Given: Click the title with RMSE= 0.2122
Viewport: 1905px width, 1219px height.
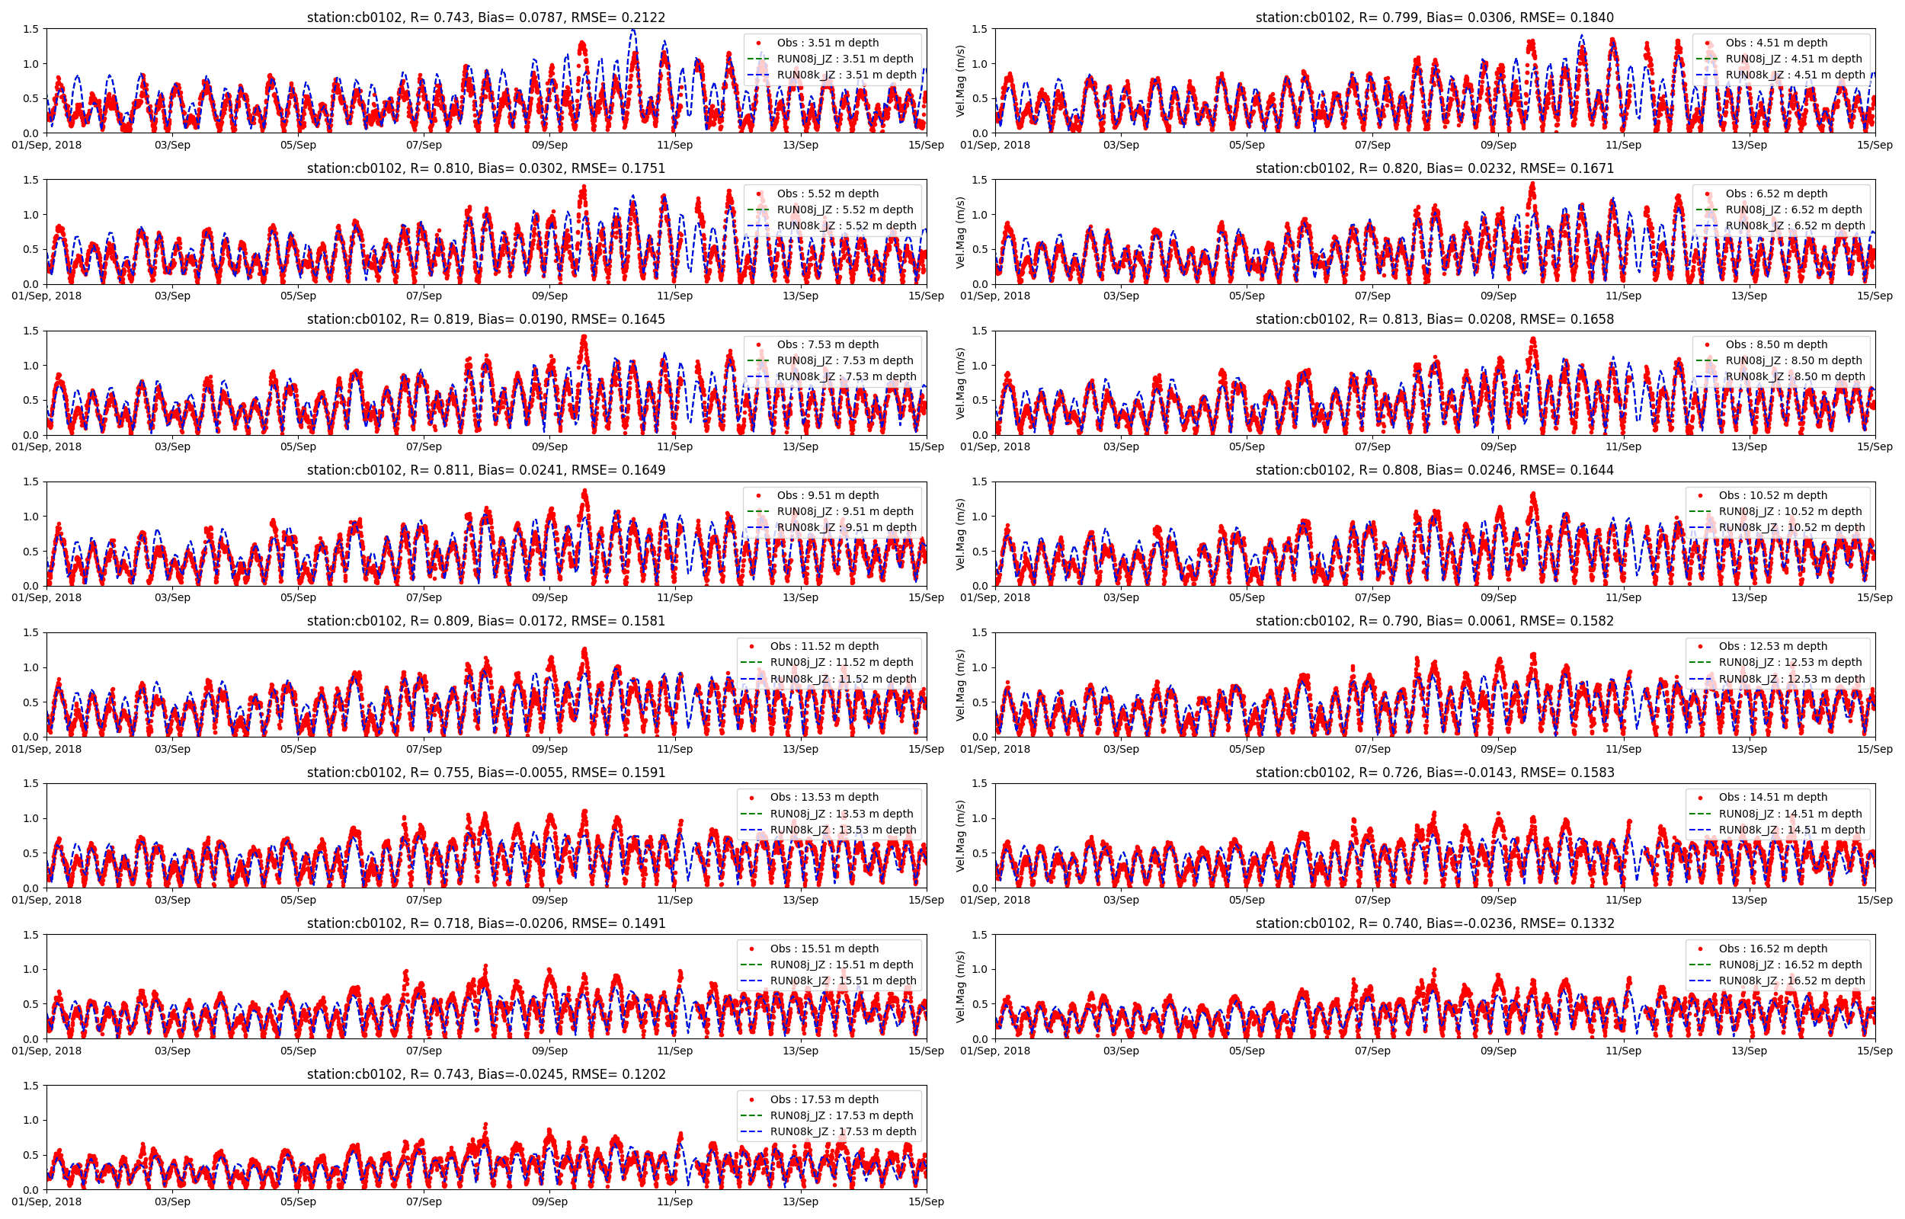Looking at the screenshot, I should point(486,18).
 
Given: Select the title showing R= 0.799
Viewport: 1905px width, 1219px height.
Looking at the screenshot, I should point(1434,18).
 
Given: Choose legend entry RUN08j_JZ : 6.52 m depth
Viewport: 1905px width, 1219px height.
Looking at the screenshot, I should point(1795,210).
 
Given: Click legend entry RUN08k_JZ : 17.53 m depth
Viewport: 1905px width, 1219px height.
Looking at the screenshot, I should point(843,1131).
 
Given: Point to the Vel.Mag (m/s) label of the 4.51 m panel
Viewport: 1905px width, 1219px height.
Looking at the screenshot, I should point(961,82).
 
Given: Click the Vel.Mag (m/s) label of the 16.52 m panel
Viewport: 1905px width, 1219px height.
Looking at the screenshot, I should point(961,987).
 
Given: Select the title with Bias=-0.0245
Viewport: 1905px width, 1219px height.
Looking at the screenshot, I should point(486,1074).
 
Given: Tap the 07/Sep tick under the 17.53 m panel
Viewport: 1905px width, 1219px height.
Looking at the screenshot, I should point(424,1201).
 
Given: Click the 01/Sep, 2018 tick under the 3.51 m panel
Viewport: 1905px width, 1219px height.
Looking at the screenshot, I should point(46,145).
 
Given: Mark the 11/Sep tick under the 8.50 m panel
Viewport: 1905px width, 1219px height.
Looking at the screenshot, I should point(1623,446).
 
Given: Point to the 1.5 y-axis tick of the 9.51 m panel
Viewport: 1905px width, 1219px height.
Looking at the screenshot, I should point(30,482).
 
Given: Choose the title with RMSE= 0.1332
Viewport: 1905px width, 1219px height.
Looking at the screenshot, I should point(1434,923).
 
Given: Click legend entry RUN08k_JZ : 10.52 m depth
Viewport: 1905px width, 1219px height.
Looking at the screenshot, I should point(1791,527).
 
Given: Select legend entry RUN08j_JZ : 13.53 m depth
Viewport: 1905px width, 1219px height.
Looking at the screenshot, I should point(841,814).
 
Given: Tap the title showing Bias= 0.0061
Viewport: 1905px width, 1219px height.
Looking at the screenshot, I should point(1434,621).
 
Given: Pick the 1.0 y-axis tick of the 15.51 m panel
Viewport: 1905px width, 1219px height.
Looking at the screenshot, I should point(30,969).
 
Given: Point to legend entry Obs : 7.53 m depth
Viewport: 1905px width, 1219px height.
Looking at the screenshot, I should point(827,344).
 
